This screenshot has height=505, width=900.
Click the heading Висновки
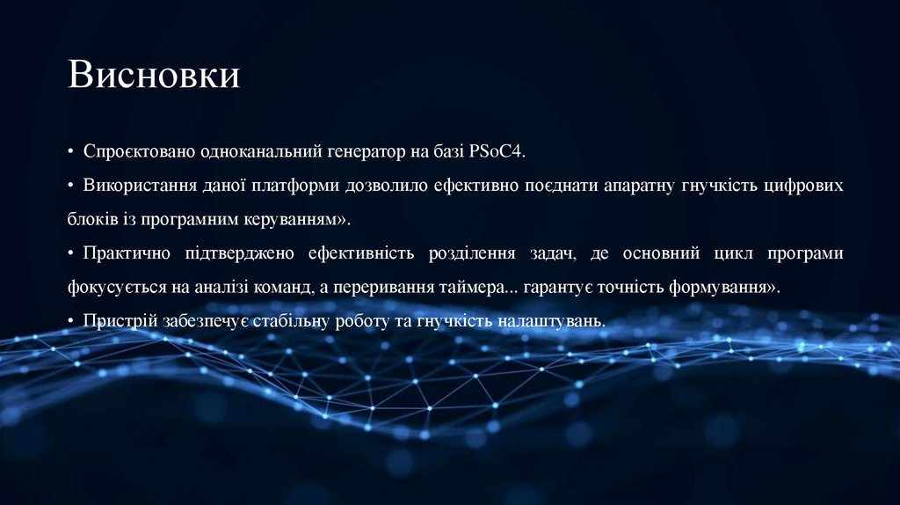pos(154,75)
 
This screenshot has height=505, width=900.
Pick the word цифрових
pos(804,187)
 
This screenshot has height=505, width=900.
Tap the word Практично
pos(128,254)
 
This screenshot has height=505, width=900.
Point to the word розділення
pos(473,254)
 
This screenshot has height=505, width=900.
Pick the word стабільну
pos(291,322)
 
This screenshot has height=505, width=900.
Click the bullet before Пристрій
pos(70,322)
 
